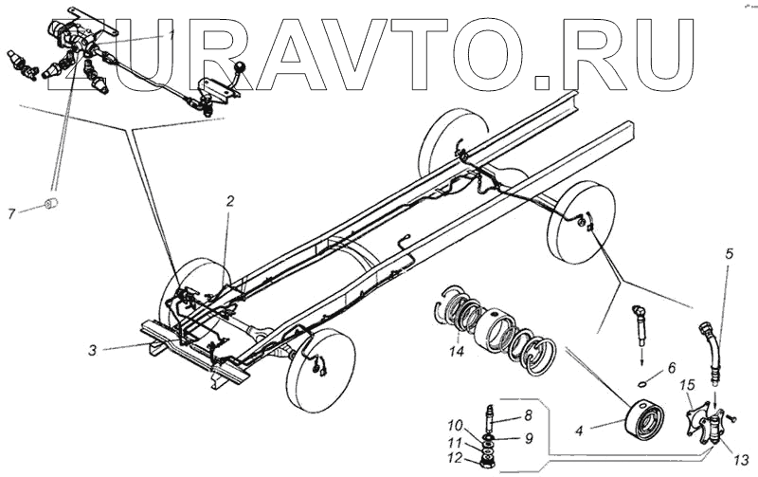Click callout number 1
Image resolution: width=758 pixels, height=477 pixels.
point(172,34)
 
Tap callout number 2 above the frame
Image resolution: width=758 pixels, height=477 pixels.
point(228,201)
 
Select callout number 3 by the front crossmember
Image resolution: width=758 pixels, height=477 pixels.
point(93,350)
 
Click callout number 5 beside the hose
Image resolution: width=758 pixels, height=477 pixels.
point(729,254)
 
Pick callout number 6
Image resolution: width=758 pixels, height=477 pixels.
point(671,367)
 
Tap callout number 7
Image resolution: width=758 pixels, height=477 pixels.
point(12,211)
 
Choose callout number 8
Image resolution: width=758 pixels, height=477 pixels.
point(529,414)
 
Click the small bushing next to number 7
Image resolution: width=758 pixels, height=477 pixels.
point(55,205)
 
